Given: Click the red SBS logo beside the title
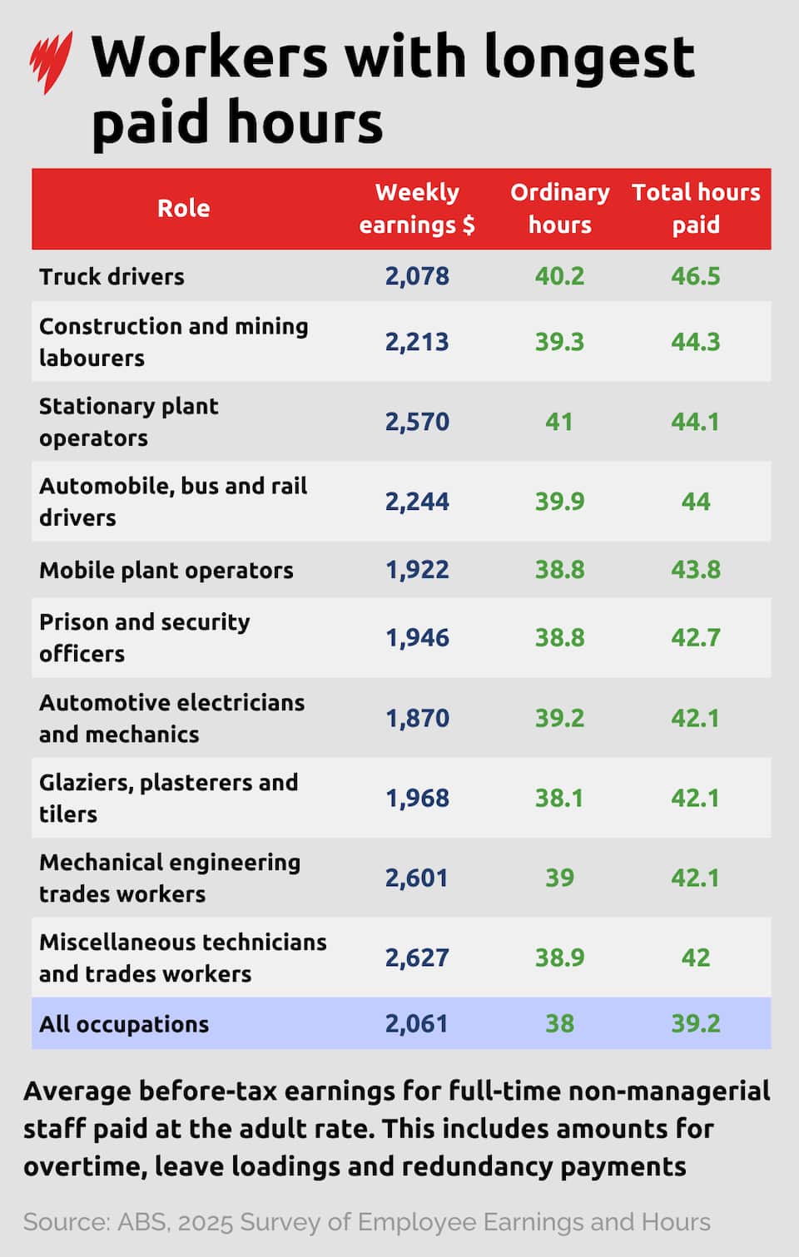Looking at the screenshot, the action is (51, 62).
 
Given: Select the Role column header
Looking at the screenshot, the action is (184, 208).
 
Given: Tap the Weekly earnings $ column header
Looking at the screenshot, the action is (417, 208).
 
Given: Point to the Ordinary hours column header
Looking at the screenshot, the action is (560, 208).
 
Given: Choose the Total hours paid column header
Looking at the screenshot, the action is (696, 208).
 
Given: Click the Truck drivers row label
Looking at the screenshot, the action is (112, 277).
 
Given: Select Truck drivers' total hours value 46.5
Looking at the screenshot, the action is (696, 276).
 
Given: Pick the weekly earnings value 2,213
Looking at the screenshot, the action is (417, 342).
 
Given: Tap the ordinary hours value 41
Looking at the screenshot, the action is (559, 422).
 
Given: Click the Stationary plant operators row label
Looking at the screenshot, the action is (128, 422).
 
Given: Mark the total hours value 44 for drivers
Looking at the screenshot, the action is (696, 501).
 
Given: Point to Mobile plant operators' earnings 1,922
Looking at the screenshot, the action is (417, 570).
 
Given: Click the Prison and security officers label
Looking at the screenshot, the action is (144, 637).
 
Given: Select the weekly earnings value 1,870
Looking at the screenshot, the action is (417, 718).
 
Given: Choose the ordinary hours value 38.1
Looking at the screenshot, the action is (559, 798).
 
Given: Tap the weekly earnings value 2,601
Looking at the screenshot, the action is (417, 878).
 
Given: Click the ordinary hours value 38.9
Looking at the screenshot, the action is (560, 958).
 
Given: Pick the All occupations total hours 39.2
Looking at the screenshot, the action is (696, 1024).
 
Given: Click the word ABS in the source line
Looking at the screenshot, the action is (142, 1222).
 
